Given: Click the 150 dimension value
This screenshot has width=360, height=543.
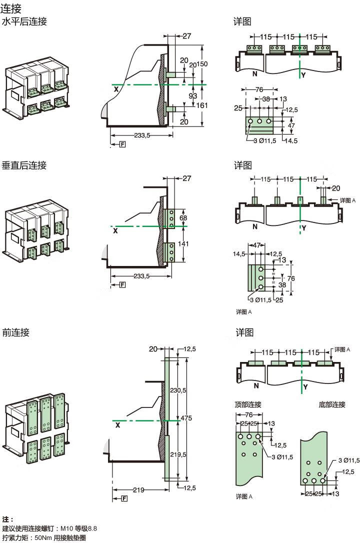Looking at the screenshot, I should [202, 64].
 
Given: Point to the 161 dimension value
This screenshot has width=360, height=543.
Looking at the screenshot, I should [202, 105].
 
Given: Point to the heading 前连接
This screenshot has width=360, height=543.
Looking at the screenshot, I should [16, 332].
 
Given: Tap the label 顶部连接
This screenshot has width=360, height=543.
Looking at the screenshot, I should [248, 404].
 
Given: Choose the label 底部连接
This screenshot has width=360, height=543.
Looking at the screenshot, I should [332, 404].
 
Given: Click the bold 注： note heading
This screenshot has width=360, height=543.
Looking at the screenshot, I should [8, 519].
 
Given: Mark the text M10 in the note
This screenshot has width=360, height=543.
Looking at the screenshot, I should [67, 528].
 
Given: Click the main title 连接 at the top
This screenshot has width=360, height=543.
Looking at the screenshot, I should [10, 7].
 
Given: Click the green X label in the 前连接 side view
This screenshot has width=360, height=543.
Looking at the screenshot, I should [117, 425].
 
